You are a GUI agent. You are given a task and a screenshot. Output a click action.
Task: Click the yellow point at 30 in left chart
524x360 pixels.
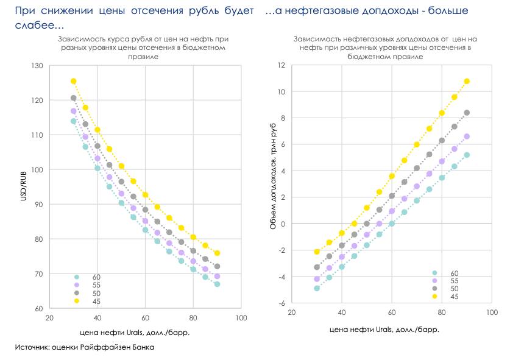point(74,81)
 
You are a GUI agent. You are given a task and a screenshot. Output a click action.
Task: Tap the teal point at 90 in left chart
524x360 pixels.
point(217,284)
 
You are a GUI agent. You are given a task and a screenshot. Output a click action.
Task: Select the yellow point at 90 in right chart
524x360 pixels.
point(467,81)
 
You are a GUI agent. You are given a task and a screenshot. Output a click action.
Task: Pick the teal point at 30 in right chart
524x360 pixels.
point(317,288)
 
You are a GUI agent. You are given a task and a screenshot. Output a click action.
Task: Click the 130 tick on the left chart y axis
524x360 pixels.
point(38,66)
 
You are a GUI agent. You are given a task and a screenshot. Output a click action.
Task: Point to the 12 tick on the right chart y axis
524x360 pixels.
point(281,65)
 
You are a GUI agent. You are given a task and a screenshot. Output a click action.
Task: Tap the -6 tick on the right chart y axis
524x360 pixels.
point(281,303)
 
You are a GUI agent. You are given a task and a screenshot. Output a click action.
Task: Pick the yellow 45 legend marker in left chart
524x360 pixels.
point(77,302)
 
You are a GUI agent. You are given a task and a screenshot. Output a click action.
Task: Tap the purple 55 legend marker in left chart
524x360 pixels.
point(77,284)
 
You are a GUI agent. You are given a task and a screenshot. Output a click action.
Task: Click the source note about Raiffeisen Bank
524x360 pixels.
point(85,347)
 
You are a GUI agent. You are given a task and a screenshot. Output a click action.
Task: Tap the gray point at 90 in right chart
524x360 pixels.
point(467,113)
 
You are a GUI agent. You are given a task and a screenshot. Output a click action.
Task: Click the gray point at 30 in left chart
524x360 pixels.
point(74,98)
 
